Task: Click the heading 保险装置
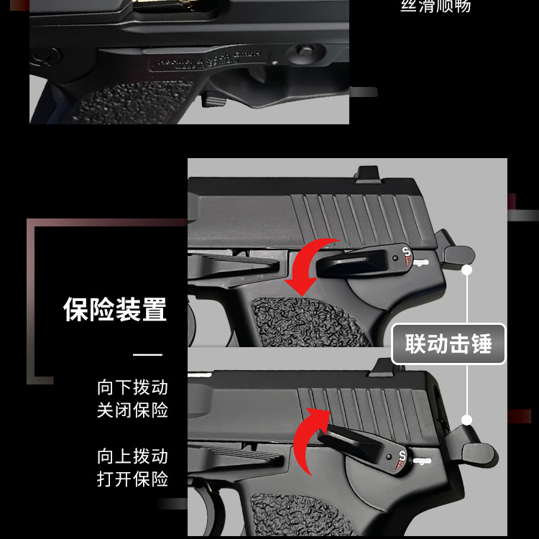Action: tap(115, 310)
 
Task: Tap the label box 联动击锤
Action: tap(448, 344)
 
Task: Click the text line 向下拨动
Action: tap(132, 387)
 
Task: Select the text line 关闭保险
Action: tap(132, 410)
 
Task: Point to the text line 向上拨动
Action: tap(132, 456)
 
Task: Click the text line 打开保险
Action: tap(132, 479)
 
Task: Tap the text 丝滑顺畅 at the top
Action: tap(435, 6)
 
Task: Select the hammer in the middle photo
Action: tap(459, 254)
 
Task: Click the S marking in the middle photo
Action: tap(406, 252)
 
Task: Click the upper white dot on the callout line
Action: tap(467, 270)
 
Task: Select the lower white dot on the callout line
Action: tap(467, 420)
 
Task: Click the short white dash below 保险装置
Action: tap(148, 354)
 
